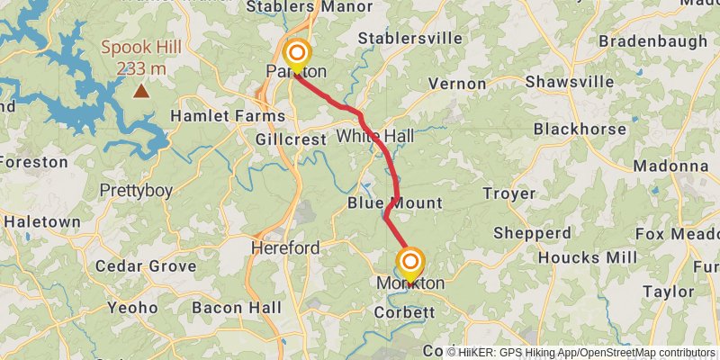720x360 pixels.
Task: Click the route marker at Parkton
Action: pos(296,53)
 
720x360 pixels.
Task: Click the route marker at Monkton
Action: pos(410,263)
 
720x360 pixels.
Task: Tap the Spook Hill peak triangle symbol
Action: pos(141,90)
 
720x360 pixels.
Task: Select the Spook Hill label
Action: pos(141,48)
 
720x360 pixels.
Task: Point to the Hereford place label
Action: pos(285,247)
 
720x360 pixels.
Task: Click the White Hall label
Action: pos(375,136)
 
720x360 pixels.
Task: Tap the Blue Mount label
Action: pos(395,203)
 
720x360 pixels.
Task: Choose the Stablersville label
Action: pos(410,38)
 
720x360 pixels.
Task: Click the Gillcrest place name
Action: pos(291,141)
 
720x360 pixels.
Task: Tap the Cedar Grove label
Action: pos(145,266)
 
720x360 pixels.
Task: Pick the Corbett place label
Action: pos(405,312)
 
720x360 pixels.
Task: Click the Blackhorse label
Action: pos(580,129)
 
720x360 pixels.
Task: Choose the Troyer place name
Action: pos(509,193)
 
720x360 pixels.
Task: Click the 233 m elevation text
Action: pos(141,68)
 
